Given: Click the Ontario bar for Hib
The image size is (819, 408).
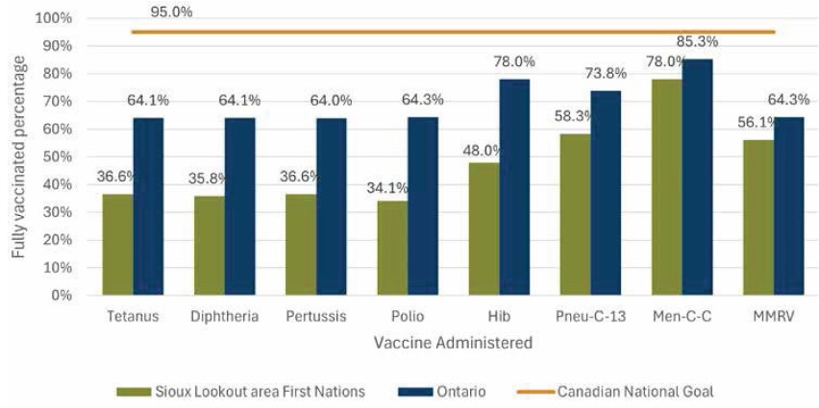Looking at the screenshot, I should (x=514, y=187).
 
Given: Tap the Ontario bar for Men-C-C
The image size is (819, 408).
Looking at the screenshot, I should (x=697, y=178).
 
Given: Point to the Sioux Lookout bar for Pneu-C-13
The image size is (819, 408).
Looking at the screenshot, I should (x=575, y=215).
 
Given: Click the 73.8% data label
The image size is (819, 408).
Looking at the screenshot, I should (x=606, y=73).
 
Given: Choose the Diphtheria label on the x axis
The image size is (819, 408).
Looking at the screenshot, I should (x=226, y=317).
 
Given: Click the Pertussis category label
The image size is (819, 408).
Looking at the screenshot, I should (x=317, y=317).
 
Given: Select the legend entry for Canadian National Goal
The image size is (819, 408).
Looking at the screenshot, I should (x=630, y=393).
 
